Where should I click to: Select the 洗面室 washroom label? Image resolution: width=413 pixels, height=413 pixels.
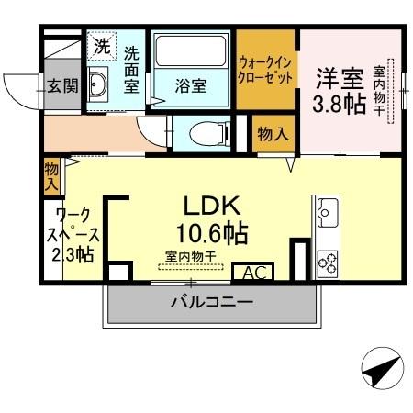point(130,70)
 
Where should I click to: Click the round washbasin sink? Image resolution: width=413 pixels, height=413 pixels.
point(100,88)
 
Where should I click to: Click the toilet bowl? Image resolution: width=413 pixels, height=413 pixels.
point(203,135)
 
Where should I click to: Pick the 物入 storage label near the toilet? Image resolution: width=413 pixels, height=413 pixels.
point(273,134)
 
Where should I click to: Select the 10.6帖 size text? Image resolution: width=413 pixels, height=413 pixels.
point(212,231)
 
